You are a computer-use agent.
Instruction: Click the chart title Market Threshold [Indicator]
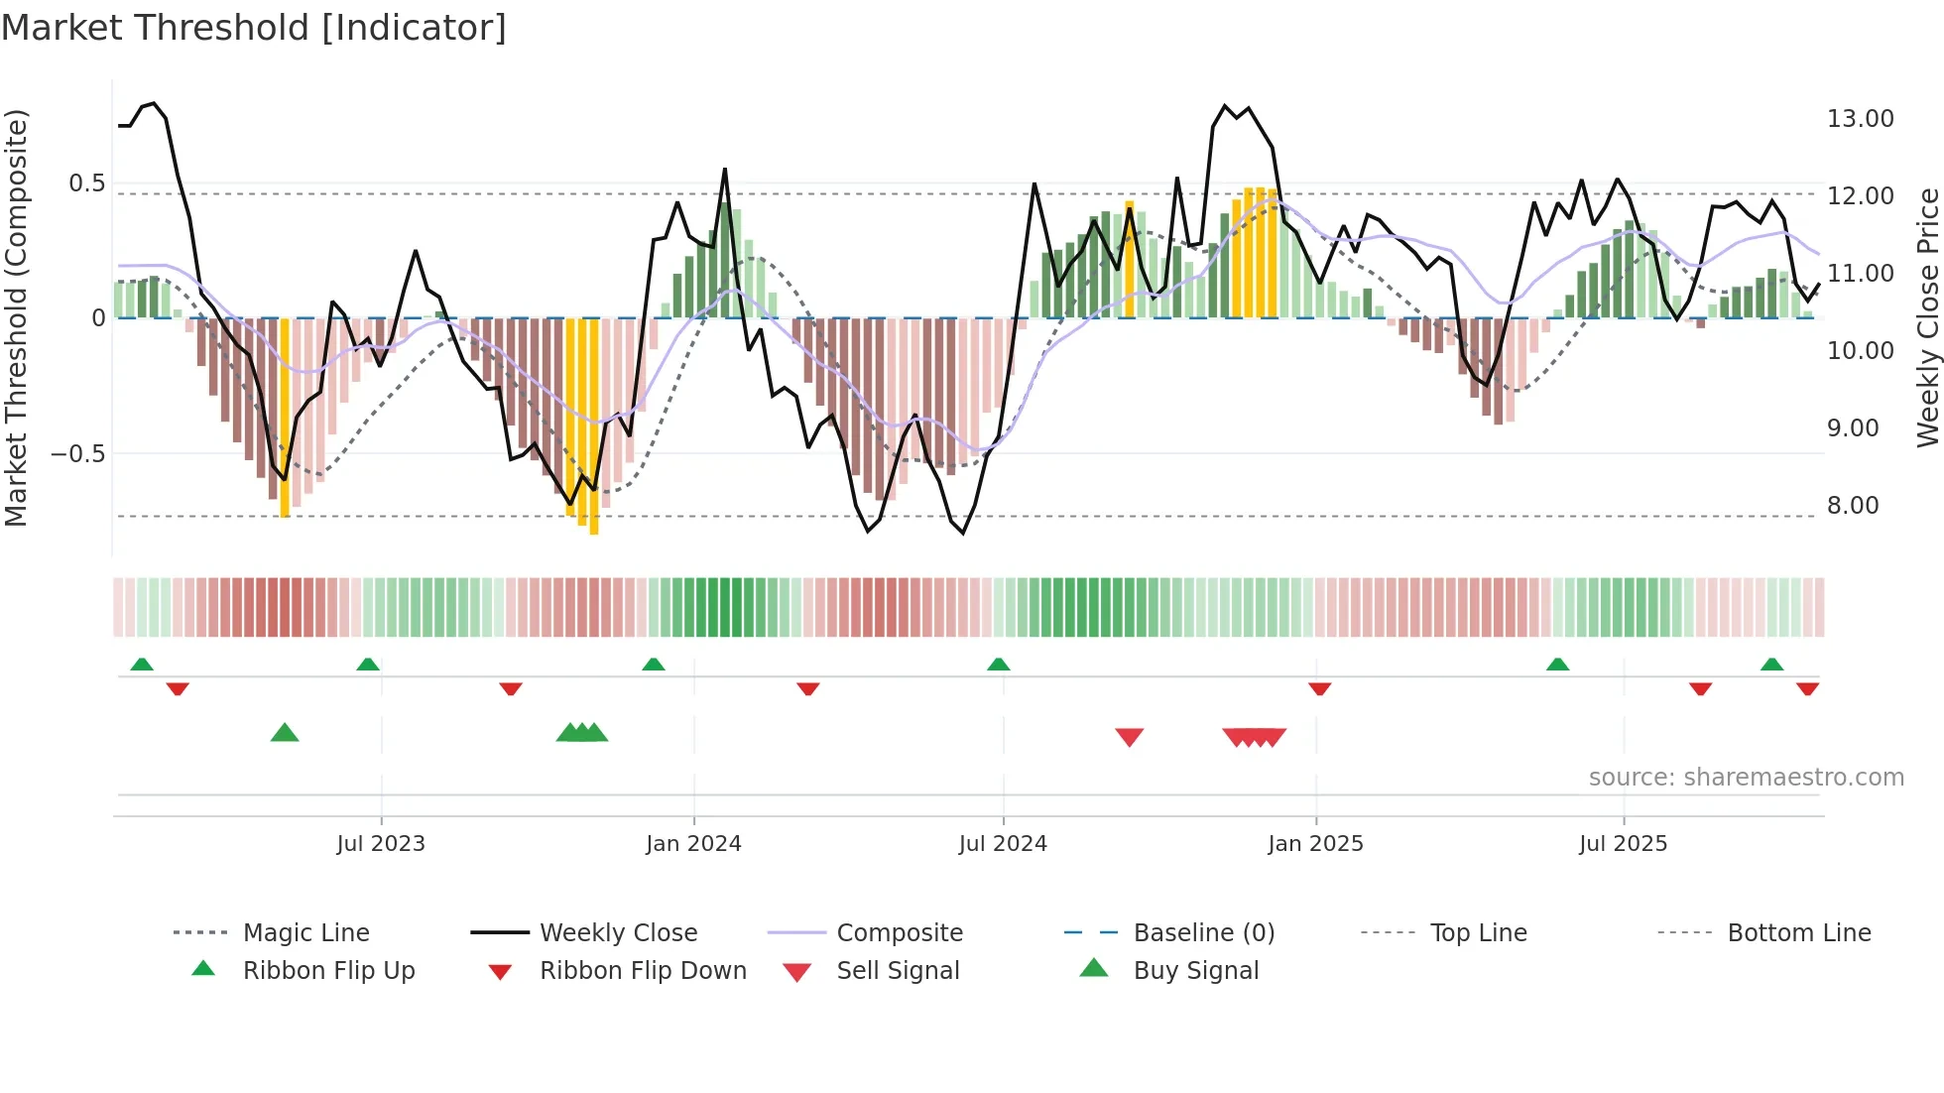coord(254,28)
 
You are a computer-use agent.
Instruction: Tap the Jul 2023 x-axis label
coord(381,844)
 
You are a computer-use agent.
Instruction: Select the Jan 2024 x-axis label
coord(693,844)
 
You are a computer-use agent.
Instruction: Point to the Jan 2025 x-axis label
coord(1315,844)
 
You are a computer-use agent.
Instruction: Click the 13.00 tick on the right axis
coord(1860,119)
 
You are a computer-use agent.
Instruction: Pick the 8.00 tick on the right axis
coord(1853,506)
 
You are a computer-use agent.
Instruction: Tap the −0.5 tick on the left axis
coord(78,454)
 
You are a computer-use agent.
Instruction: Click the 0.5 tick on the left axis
coord(87,183)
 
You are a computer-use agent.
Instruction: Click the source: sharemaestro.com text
coord(1746,778)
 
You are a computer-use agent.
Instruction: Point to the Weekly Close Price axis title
coord(1927,317)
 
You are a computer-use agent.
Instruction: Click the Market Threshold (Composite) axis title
coord(16,317)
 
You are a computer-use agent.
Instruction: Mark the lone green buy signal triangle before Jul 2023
coord(285,733)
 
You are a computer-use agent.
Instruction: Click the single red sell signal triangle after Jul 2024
coord(1130,737)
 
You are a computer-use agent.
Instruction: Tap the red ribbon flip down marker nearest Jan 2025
coord(1319,688)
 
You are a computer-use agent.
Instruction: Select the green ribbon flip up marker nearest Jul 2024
coord(999,665)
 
